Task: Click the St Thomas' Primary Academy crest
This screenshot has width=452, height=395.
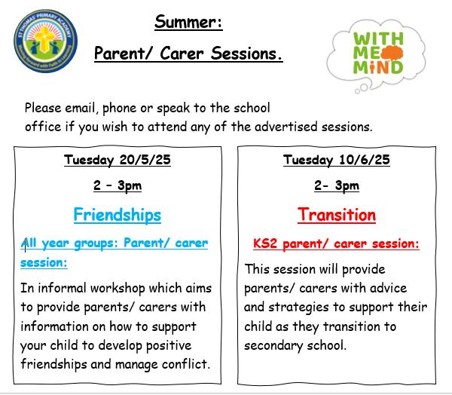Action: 45,41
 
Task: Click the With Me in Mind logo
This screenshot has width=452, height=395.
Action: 377,55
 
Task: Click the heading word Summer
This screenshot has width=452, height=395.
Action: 188,22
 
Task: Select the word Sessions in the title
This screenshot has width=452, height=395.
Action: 246,54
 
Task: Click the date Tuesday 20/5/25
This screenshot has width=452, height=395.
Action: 118,160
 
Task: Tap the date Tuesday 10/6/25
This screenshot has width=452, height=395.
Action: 337,160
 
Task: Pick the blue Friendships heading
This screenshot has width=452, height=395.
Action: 118,215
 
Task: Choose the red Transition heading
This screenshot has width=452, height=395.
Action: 337,215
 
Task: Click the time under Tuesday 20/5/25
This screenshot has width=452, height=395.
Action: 118,185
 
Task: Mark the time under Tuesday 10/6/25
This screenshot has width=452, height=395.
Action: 337,185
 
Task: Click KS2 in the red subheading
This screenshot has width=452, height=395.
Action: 265,243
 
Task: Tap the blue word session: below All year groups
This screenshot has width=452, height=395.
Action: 44,262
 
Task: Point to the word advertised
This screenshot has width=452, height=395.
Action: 286,127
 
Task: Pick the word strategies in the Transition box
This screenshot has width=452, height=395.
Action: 298,308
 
